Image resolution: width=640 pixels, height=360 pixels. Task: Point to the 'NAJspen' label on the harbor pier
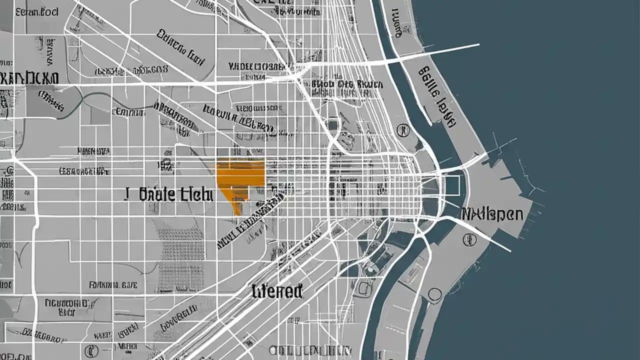[x=492, y=215]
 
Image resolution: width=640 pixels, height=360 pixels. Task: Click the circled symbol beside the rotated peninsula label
[x=401, y=130]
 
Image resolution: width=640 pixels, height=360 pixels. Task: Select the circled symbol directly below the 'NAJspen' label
[x=469, y=239]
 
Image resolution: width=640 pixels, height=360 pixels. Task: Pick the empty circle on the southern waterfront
[x=434, y=295]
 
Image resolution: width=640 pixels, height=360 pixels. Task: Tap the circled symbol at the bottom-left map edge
[x=90, y=349]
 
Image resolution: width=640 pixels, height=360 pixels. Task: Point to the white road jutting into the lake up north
[x=440, y=51]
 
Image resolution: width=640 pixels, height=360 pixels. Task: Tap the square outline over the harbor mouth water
[x=451, y=185]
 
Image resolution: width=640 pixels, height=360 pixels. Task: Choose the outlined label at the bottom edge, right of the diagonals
[x=305, y=350]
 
